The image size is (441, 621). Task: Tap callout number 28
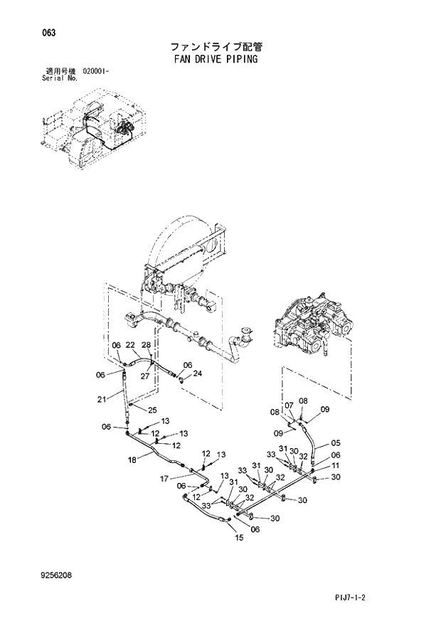(146, 345)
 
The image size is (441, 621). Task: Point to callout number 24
(198, 373)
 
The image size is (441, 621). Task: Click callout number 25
(151, 410)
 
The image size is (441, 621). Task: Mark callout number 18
(132, 460)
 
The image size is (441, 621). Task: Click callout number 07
(289, 405)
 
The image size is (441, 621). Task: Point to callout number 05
(336, 442)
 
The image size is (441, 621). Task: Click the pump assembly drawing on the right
(314, 327)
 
